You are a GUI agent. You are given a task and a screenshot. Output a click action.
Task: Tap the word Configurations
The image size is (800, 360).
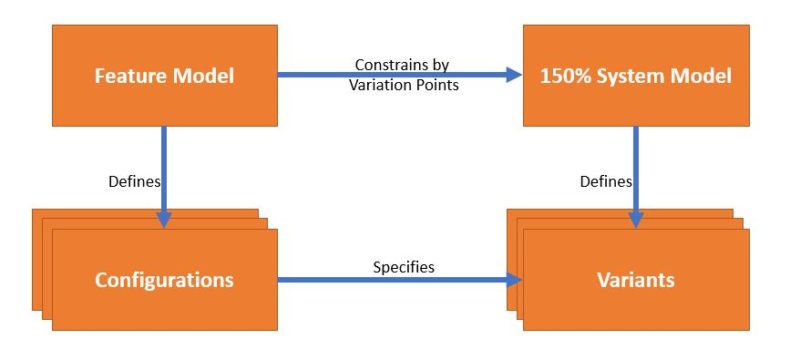click(x=164, y=280)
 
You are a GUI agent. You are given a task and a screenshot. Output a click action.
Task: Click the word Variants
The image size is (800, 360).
click(x=636, y=280)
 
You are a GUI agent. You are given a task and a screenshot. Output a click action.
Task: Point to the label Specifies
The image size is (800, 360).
click(x=404, y=267)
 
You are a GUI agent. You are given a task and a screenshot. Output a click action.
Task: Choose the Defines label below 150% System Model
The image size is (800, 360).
click(x=606, y=181)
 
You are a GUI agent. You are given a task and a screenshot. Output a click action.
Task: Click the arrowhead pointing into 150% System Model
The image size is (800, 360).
click(x=514, y=75)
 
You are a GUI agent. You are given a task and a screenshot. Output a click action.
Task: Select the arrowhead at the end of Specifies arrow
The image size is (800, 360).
click(x=514, y=279)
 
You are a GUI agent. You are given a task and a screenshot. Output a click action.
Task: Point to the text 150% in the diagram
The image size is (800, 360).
click(x=563, y=75)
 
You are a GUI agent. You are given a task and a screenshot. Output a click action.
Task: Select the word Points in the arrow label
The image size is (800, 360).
click(x=438, y=85)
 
